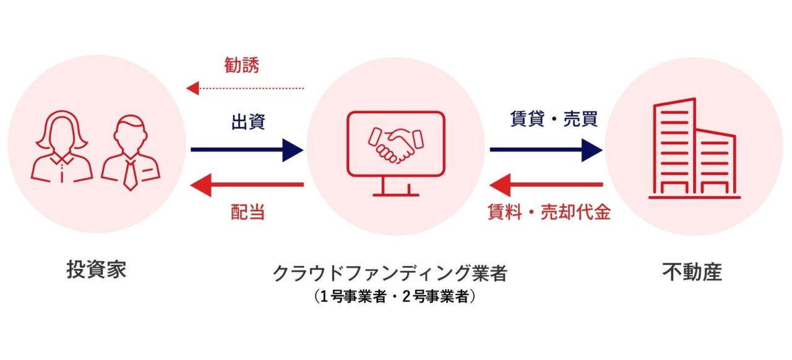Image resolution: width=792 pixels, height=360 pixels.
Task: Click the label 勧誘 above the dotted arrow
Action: pyautogui.click(x=242, y=65)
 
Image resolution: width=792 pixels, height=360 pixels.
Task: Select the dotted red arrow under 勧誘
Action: pyautogui.click(x=245, y=88)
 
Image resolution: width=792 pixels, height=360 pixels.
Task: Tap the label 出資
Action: pyautogui.click(x=248, y=122)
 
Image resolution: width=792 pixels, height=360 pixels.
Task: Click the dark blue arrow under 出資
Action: pyautogui.click(x=247, y=150)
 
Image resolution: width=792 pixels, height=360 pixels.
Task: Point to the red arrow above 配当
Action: pyautogui.click(x=247, y=184)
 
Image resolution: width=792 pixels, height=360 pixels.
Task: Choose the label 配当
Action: pyautogui.click(x=247, y=212)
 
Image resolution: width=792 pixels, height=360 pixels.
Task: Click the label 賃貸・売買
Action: pyautogui.click(x=554, y=119)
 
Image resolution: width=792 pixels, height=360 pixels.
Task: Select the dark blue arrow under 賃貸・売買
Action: pyautogui.click(x=546, y=150)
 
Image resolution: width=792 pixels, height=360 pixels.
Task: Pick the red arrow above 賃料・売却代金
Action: pyautogui.click(x=546, y=184)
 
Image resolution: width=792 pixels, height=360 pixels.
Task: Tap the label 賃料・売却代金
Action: pyautogui.click(x=549, y=212)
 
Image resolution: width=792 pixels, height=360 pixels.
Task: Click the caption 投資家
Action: pyautogui.click(x=96, y=270)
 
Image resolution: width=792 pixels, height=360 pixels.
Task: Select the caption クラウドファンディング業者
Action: pyautogui.click(x=390, y=273)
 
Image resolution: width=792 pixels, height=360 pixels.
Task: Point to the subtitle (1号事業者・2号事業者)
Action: pyautogui.click(x=395, y=296)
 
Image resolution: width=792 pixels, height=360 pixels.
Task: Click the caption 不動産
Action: pyautogui.click(x=692, y=272)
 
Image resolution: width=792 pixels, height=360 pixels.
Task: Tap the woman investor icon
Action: pyautogui.click(x=61, y=147)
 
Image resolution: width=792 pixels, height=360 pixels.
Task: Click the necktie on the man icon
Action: pyautogui.click(x=131, y=175)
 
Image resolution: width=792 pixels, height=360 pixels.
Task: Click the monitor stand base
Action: pyautogui.click(x=396, y=194)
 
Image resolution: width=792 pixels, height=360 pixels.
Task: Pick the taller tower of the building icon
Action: pyautogui.click(x=674, y=146)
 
